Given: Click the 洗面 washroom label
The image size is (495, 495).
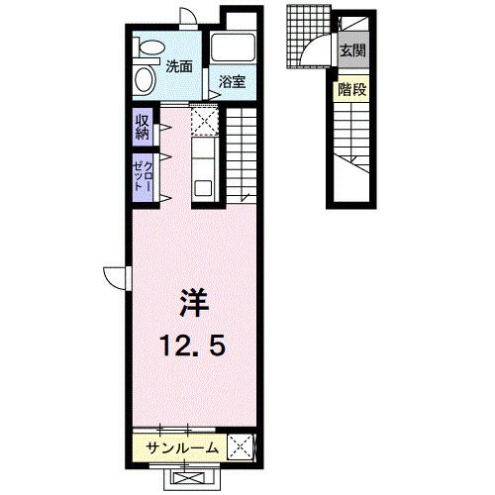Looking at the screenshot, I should click(179, 67).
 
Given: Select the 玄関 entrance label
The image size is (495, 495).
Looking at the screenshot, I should click(351, 49).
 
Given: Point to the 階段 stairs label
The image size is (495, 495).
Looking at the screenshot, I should click(351, 88).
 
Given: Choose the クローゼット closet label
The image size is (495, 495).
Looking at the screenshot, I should click(143, 176).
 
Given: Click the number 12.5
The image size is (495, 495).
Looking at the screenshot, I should click(194, 346).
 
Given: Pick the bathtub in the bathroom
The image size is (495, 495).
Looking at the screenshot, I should click(234, 49).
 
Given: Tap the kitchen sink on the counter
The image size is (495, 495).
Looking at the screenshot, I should click(202, 186).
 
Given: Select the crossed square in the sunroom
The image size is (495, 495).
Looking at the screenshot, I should click(241, 447).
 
